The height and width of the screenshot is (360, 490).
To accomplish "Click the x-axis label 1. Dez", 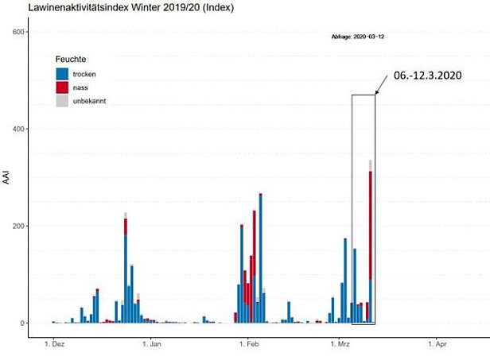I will pos(54,345).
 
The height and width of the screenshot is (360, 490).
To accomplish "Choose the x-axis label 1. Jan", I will pos(151,345).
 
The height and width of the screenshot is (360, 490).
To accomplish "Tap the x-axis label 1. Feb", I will pos(248,345).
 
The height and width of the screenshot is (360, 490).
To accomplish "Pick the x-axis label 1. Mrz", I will pos(340,345).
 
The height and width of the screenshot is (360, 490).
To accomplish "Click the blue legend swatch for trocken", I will pos(62,74).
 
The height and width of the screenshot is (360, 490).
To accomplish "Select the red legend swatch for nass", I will pos(62,87).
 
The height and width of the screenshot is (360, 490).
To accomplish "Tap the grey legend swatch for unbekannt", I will pos(62,101).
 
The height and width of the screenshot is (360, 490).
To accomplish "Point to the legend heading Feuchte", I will pos(71,60).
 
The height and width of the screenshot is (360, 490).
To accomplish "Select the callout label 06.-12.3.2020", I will pos(426,75).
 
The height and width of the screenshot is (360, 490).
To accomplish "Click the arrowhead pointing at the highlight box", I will pos(376,94).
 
